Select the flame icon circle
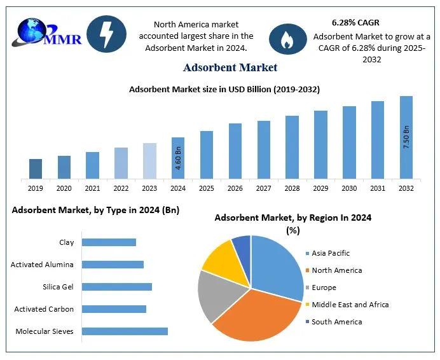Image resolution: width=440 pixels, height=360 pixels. [x=288, y=39]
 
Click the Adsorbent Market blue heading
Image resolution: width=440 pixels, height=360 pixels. [x=230, y=67]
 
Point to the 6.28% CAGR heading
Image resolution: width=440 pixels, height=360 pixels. [x=355, y=23]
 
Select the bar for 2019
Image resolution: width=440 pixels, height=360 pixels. [x=36, y=169]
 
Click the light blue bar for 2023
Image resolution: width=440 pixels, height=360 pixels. [x=149, y=161]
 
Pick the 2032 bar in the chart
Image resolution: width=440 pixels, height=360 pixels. [x=406, y=137]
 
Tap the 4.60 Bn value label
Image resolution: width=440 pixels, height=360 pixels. [x=179, y=158]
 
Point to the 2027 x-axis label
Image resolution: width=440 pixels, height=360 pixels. [x=264, y=188]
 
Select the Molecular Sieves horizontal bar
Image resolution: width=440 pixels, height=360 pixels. [x=125, y=331]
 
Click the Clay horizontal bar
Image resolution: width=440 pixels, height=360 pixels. [x=109, y=242]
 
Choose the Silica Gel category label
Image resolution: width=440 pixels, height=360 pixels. [x=58, y=287]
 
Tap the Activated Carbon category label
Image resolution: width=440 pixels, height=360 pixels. [x=44, y=309]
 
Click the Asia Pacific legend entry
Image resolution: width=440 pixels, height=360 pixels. [x=331, y=253]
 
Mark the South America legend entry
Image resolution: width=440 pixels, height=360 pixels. [x=336, y=322]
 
